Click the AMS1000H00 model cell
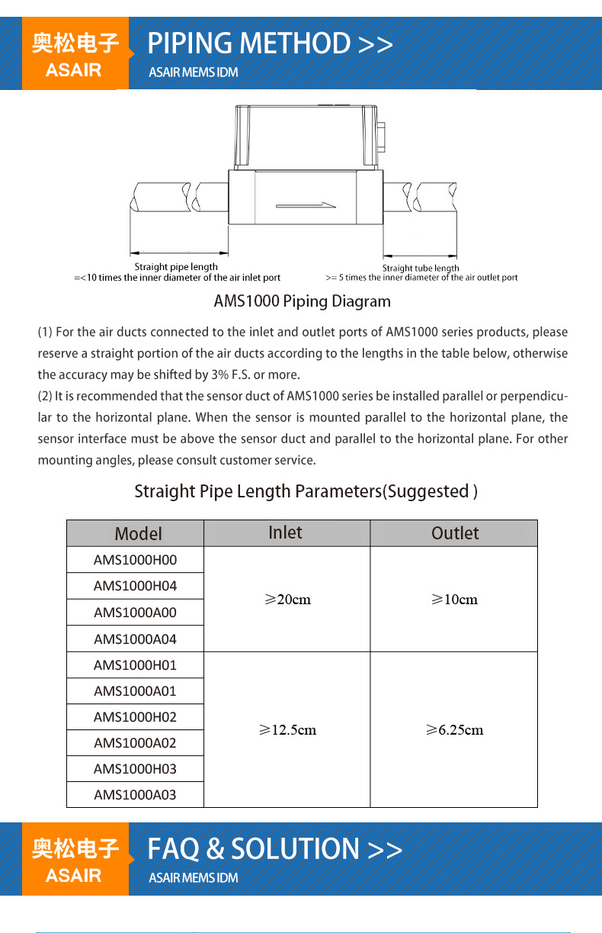[135, 560]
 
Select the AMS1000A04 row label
[135, 639]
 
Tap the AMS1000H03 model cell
[135, 769]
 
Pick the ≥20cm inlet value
[287, 600]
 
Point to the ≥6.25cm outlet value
[454, 730]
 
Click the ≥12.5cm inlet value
[287, 730]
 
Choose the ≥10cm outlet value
[454, 600]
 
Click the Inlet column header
[286, 532]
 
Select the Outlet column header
[455, 533]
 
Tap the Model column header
[138, 533]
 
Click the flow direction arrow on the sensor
[306, 204]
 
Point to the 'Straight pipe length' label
[176, 267]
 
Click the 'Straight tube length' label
[421, 268]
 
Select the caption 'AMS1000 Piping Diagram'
[302, 301]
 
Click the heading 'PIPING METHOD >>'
[270, 43]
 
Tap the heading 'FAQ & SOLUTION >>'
[274, 849]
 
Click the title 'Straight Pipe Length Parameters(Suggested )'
[306, 491]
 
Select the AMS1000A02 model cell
[135, 743]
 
